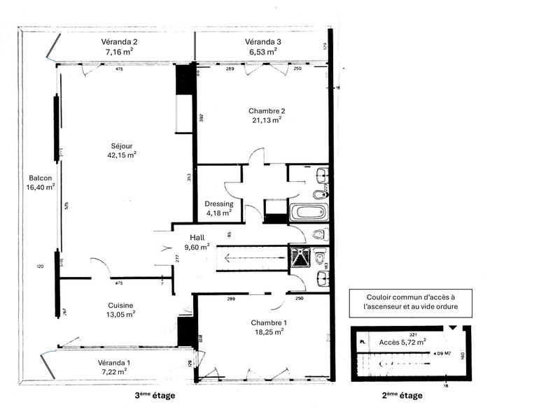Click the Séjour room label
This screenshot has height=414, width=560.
coord(121,145)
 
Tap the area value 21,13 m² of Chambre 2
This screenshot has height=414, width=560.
coord(267,120)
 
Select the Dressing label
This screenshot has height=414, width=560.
coord(219,204)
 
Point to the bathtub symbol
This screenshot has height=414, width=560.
coord(307,210)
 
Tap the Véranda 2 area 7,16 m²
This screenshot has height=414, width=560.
coord(121,52)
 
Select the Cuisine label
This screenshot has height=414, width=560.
coord(120,305)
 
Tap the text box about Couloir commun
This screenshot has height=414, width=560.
coord(409,303)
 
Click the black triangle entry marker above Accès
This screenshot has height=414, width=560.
coord(454,328)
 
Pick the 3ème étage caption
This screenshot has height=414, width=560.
coord(155,396)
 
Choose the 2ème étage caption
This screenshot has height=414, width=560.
coord(402,396)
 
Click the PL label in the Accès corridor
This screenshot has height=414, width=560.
coord(362,343)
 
